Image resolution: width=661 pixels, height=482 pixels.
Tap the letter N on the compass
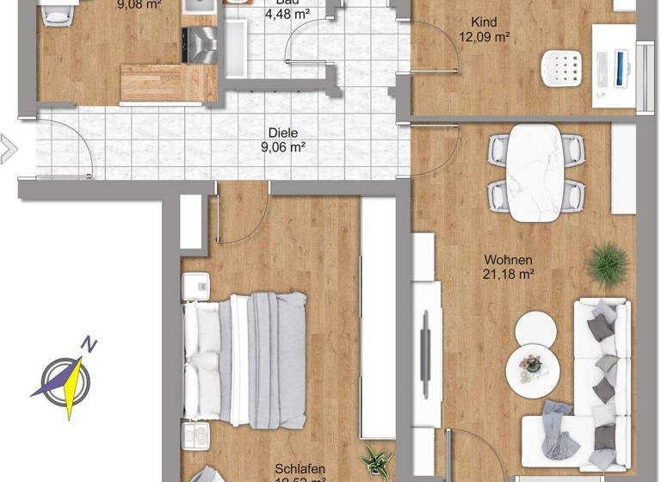coord(89,344)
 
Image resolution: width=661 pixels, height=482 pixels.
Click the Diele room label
coord(282,133)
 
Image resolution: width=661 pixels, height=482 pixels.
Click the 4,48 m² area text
coord(287,15)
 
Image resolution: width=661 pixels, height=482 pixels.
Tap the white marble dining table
coord(534,173)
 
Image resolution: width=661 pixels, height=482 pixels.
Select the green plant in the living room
coord(608,264)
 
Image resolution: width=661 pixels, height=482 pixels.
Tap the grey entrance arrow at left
coord(8,148)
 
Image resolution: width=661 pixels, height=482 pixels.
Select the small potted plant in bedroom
coord(374,462)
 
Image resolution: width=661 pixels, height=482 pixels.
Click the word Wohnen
coord(508,259)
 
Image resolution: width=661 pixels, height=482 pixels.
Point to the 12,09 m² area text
coord(485,37)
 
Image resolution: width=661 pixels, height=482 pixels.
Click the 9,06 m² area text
coord(282,147)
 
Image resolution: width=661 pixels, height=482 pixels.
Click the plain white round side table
coord(536,328)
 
